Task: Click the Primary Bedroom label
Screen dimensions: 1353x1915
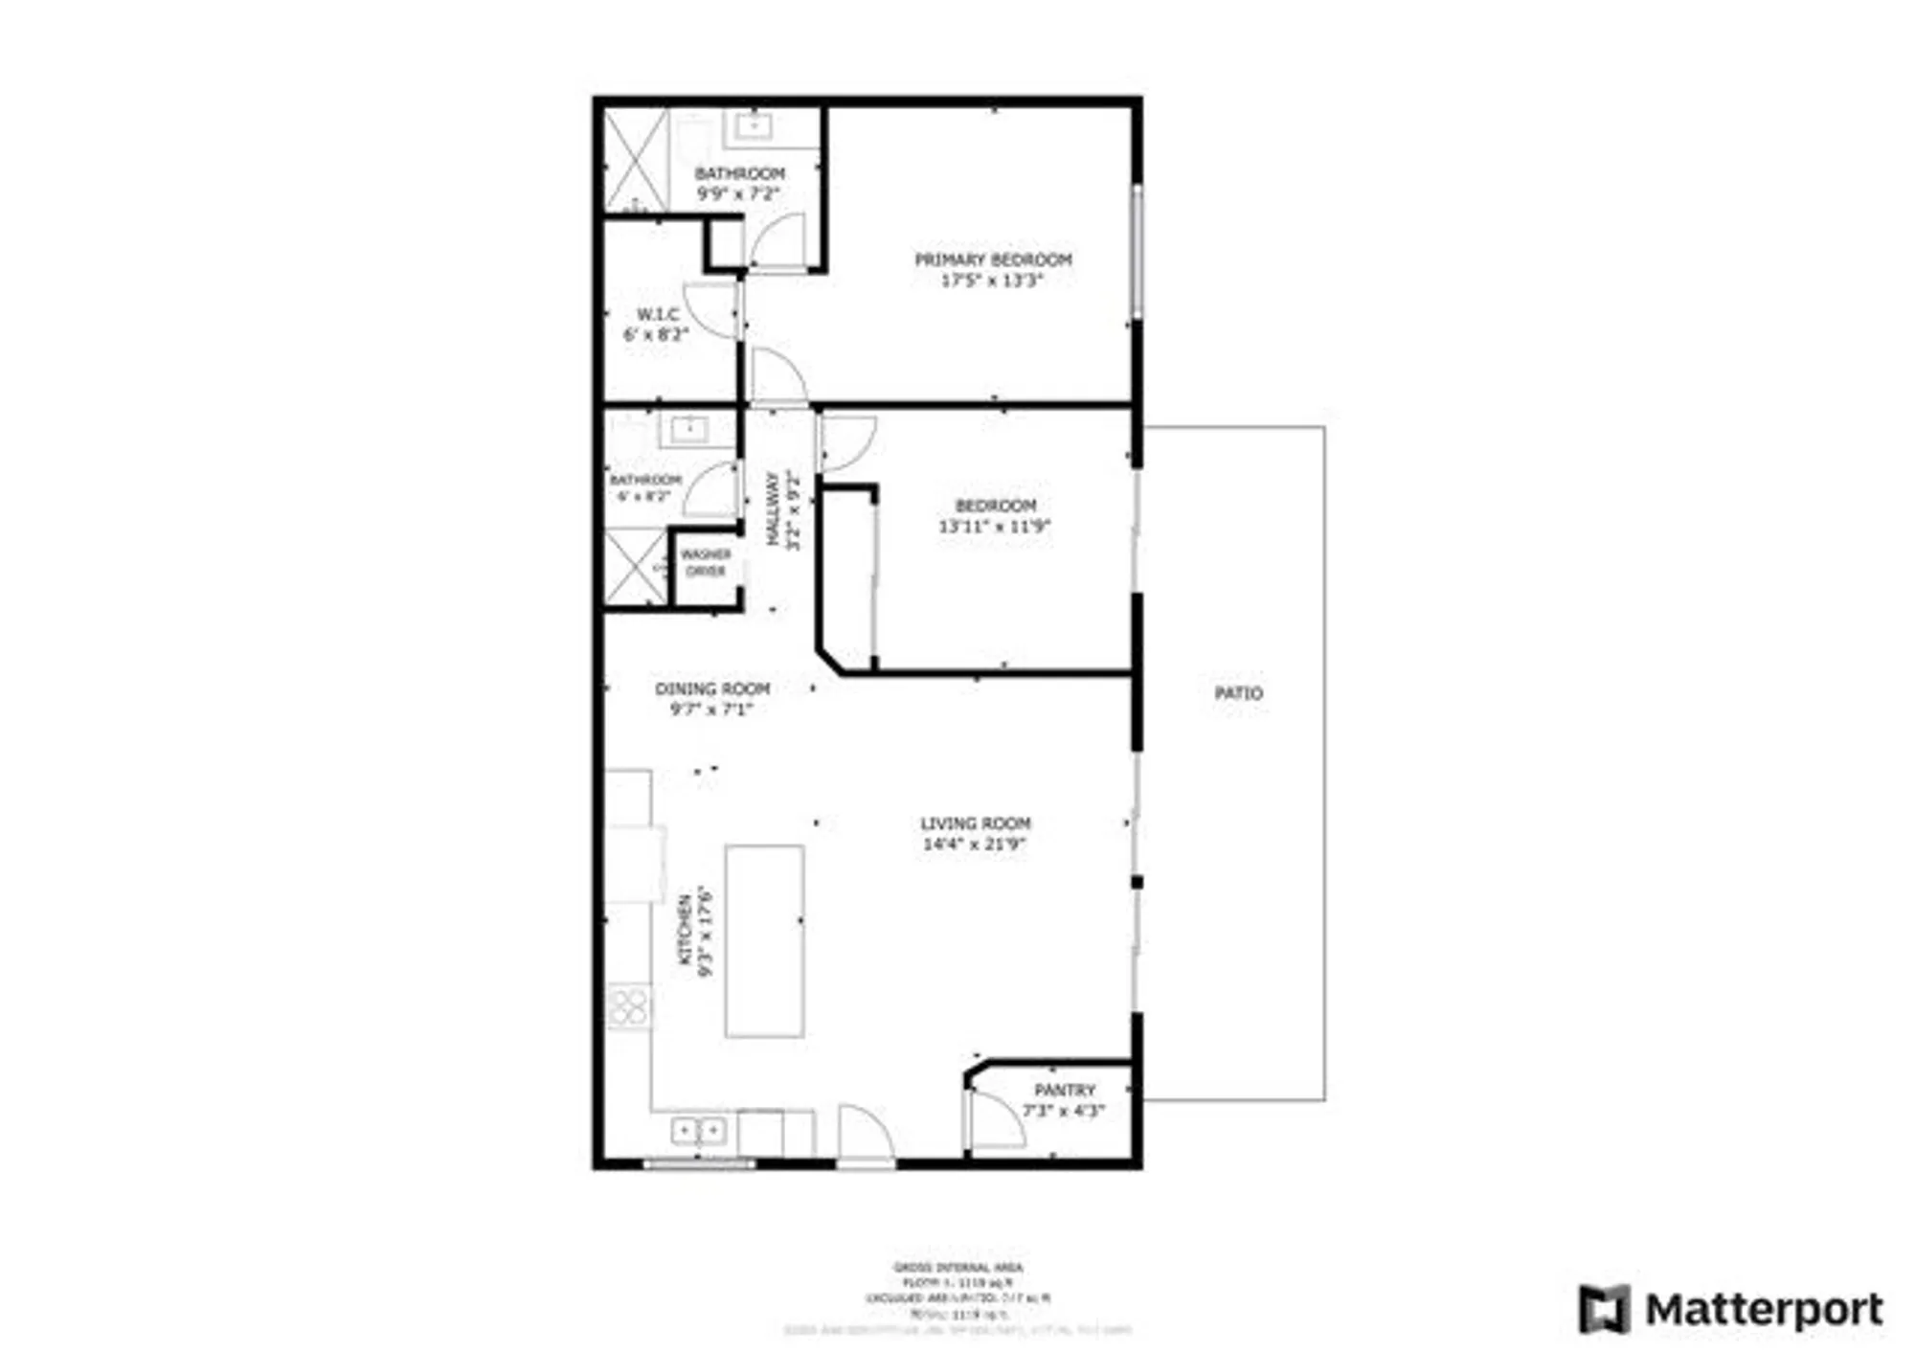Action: (993, 259)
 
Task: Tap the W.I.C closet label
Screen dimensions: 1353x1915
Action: (658, 314)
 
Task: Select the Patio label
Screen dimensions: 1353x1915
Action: (1238, 692)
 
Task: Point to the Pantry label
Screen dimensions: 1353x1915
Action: (1064, 1090)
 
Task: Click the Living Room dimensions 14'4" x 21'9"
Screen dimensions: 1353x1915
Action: (974, 845)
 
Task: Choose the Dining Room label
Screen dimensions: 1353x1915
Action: (712, 688)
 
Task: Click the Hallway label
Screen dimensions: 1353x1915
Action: (773, 509)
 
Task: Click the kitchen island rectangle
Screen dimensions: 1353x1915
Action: (764, 940)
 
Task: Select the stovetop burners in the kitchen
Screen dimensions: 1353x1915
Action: (628, 1006)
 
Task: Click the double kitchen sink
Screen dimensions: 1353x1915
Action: (698, 1131)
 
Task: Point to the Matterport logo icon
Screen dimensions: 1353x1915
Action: (1604, 1309)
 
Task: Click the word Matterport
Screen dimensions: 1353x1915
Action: (1764, 1309)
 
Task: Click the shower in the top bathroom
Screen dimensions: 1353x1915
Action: (636, 160)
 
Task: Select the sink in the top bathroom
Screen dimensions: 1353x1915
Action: (754, 125)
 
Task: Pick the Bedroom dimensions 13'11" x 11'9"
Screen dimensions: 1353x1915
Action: (995, 527)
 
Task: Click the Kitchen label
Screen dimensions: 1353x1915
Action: (686, 929)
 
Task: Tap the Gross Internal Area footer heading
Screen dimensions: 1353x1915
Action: (957, 1267)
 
